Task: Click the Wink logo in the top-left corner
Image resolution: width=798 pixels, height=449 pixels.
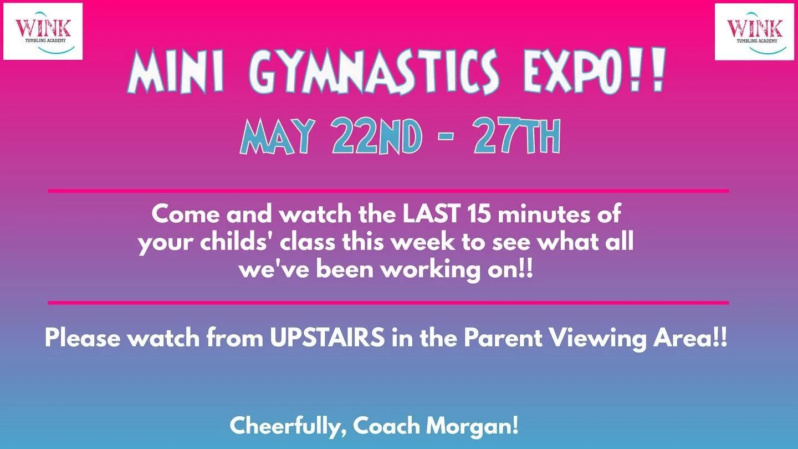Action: click(x=43, y=32)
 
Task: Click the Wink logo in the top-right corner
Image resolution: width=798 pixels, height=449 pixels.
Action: click(x=754, y=32)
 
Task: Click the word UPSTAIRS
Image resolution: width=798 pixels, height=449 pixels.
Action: click(x=328, y=338)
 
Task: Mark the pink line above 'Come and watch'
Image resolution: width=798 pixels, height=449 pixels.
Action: click(x=388, y=191)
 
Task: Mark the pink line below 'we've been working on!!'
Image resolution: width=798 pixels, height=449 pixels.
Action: click(x=388, y=303)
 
